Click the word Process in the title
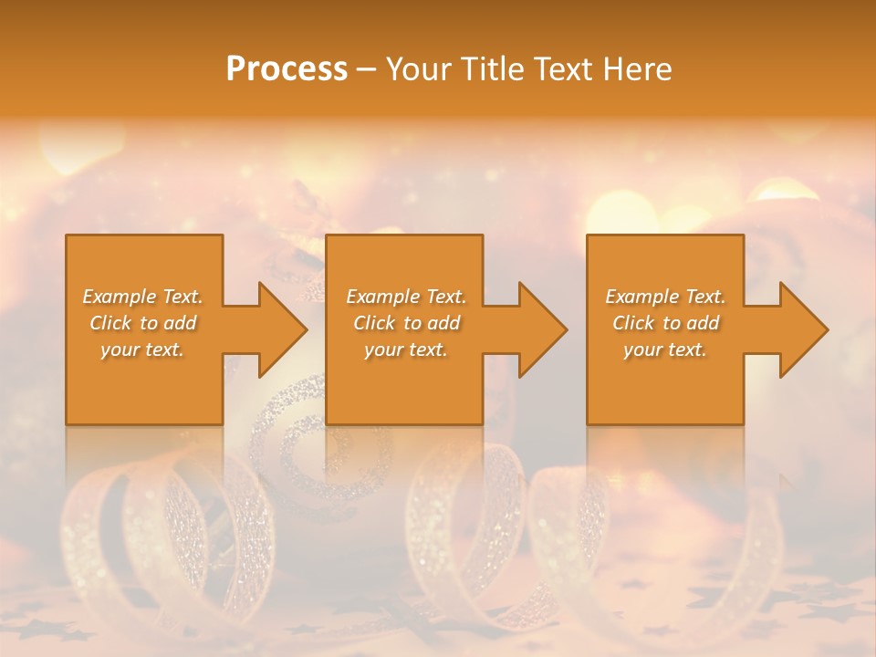click(x=287, y=69)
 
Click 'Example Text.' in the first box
click(x=142, y=297)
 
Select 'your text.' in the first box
click(x=142, y=349)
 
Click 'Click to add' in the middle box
click(x=406, y=323)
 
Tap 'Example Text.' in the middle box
click(x=406, y=297)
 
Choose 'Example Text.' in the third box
click(x=665, y=297)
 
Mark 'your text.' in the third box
click(x=665, y=349)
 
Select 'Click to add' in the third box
click(x=665, y=323)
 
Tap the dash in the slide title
click(x=367, y=70)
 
